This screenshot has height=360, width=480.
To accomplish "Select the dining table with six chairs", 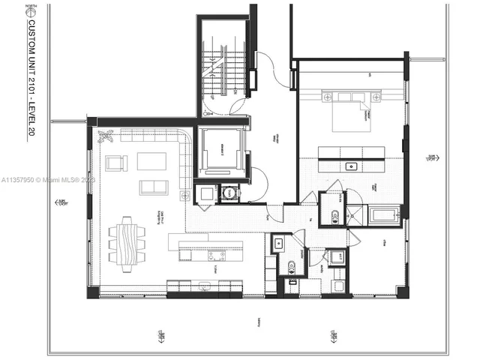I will point(125,238).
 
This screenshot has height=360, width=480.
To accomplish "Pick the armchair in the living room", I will point(115,163).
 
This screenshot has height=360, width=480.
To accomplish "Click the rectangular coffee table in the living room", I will point(151,161).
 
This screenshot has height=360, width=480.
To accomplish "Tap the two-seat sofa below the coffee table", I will point(154,187).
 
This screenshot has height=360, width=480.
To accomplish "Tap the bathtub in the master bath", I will point(385,216).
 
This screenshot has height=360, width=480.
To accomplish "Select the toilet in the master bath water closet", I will point(334,217).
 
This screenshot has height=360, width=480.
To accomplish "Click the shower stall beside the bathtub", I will point(356,216).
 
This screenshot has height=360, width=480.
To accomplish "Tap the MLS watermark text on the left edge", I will point(45,181).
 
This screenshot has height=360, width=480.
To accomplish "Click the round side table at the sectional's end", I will point(184,194).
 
